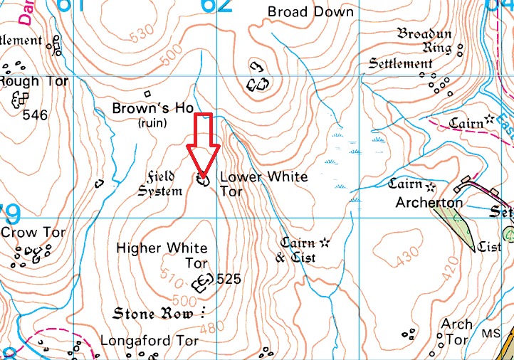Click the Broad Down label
click(x=310, y=12)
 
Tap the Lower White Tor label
click(x=263, y=184)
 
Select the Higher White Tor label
click(x=162, y=255)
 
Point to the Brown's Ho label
click(x=153, y=108)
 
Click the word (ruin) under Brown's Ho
click(x=152, y=123)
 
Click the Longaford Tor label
click(x=150, y=341)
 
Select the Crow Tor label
click(x=33, y=233)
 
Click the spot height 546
click(x=35, y=114)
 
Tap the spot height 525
click(x=230, y=279)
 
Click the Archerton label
click(x=429, y=203)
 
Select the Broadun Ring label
click(x=424, y=41)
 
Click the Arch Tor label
click(x=456, y=332)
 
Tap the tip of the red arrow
click(x=203, y=176)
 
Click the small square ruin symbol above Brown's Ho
click(x=148, y=93)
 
